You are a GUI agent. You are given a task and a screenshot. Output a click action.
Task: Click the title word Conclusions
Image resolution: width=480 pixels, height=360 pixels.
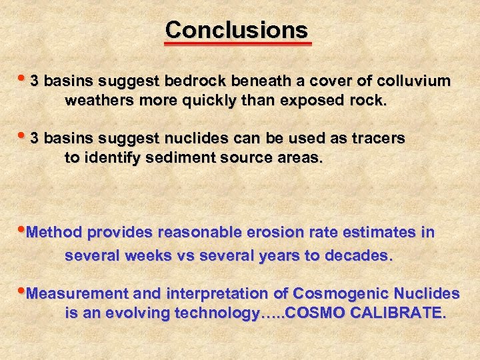click(237, 29)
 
